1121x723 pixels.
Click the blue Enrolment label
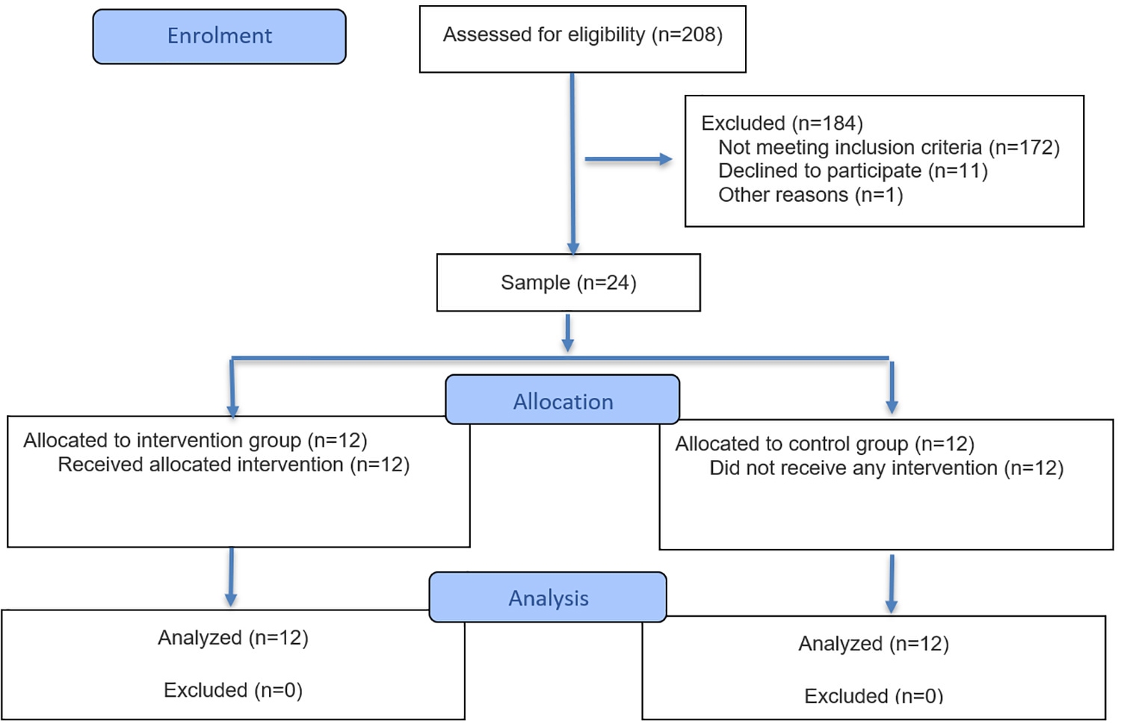coord(219,37)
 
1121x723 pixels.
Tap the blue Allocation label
coord(563,400)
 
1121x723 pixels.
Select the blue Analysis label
coord(548,597)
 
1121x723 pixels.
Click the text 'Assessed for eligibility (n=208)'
coord(582,35)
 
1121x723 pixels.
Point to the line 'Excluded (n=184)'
coord(782,123)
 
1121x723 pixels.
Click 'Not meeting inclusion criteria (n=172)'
coord(889,147)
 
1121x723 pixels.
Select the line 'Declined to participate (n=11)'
coord(853,171)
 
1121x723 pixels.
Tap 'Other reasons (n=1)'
coord(810,195)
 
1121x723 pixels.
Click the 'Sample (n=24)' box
coord(569,282)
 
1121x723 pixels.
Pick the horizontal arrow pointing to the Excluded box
coord(629,159)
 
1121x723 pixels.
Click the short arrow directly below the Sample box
coord(567,333)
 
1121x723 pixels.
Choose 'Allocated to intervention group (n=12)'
coord(195,441)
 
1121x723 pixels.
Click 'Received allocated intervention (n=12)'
coord(234,465)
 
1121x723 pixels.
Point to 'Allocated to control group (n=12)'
coord(825,444)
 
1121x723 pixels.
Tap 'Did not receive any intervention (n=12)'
coord(886,468)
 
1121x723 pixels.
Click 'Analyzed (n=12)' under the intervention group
coord(233,638)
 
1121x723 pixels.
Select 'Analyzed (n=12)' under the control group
coord(874,644)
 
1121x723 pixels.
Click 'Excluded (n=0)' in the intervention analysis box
coord(233,690)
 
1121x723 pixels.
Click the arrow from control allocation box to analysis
coord(892,584)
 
